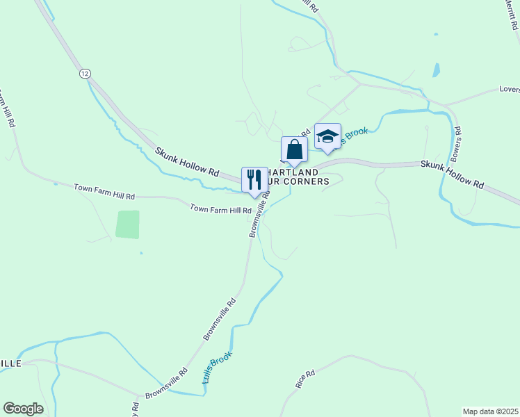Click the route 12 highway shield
point(85,73)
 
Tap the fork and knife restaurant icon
point(254,179)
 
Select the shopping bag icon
point(294,149)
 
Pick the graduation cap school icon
point(327,136)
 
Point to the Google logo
point(23,409)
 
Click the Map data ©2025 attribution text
point(490,411)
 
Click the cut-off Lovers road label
point(509,90)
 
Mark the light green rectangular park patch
point(127,224)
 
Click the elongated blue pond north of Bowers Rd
point(436,70)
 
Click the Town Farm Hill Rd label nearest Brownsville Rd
point(220,209)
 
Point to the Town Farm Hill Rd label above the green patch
point(104,193)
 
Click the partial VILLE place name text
point(10,363)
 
